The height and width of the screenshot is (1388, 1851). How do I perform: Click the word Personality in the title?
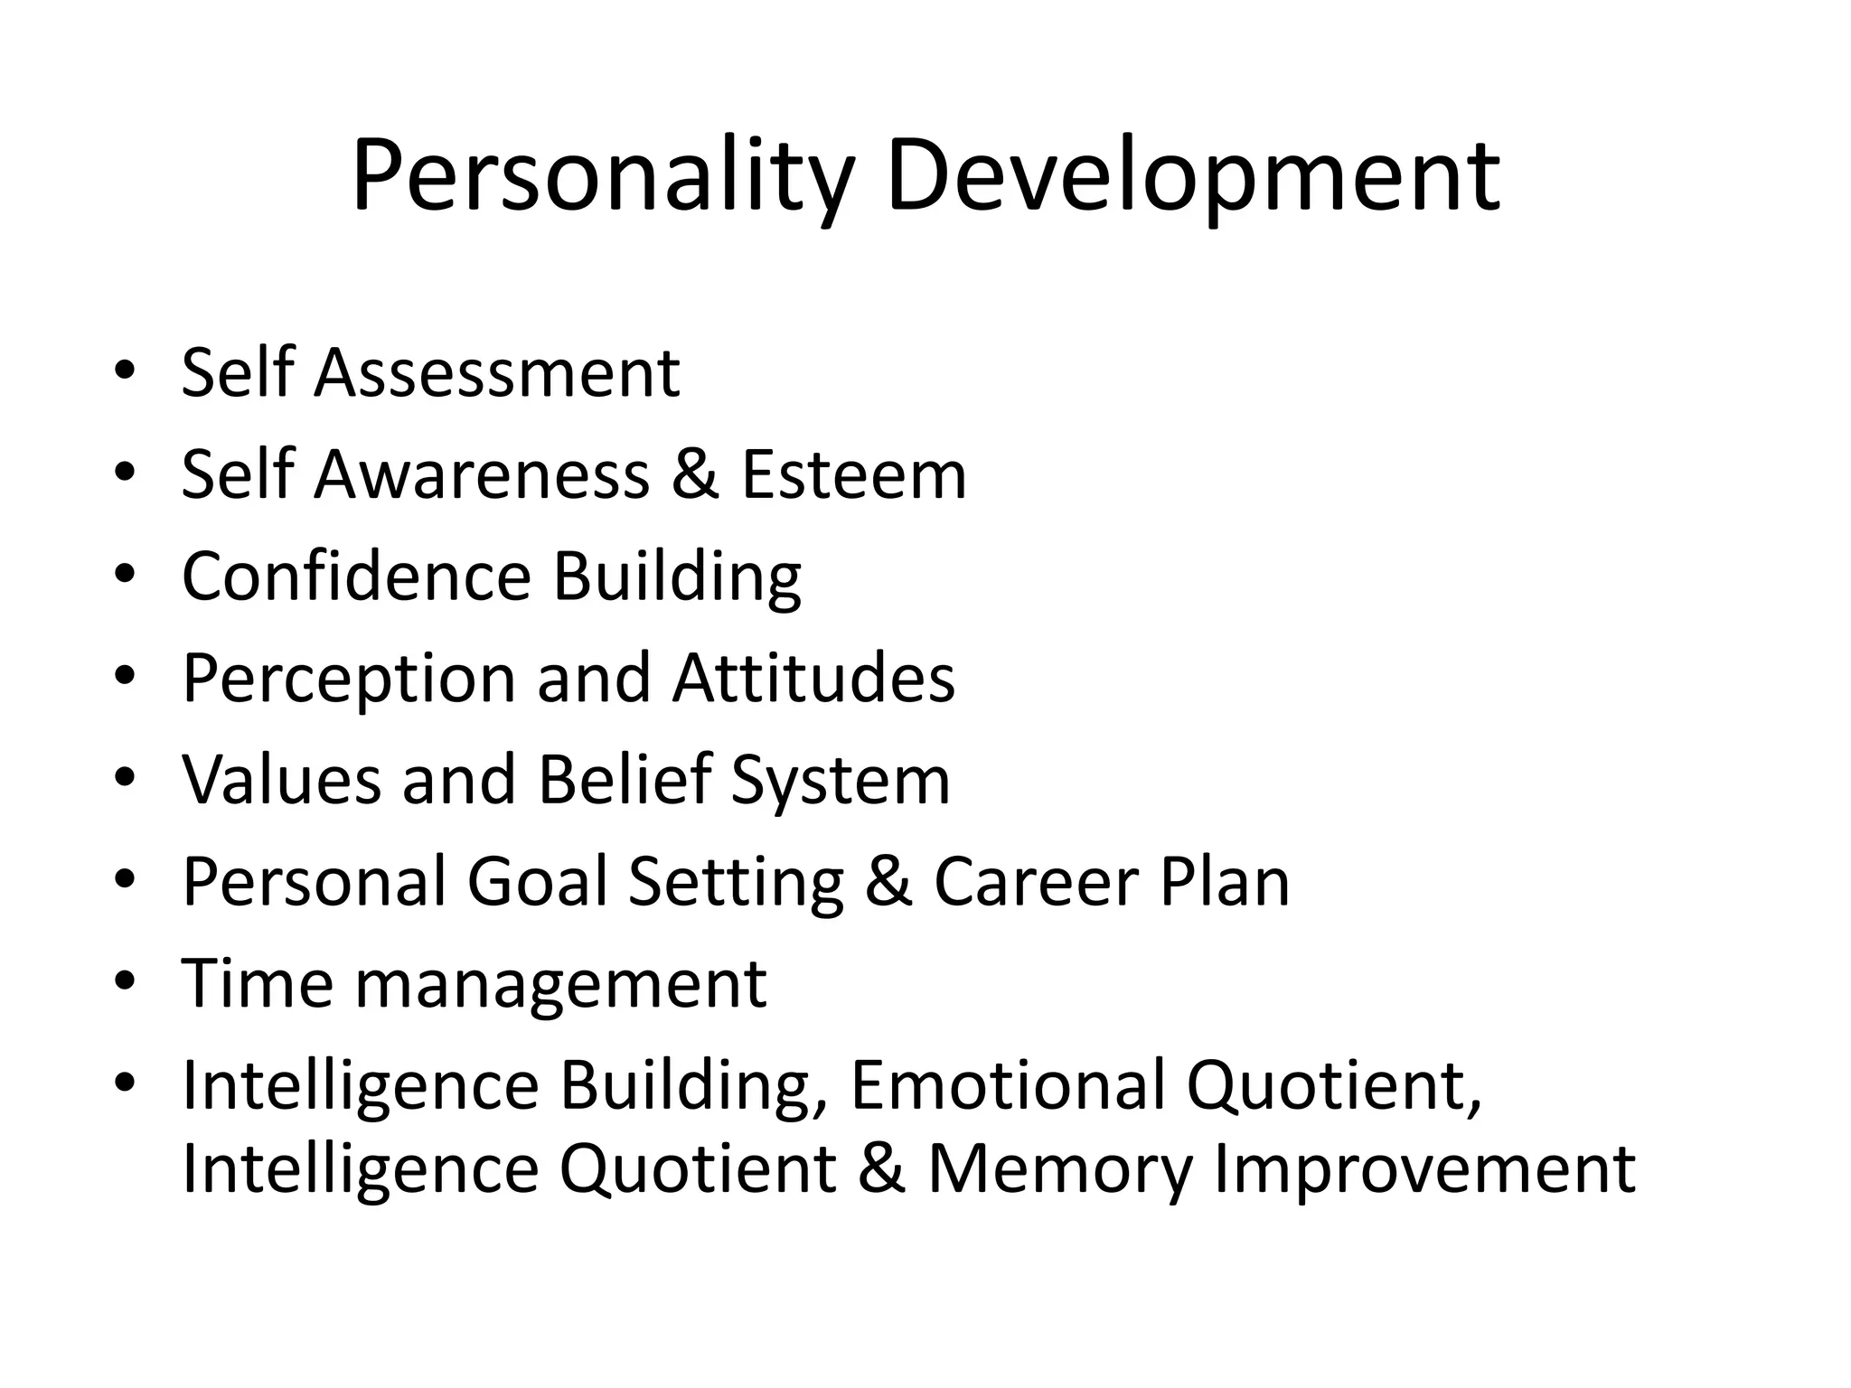pyautogui.click(x=602, y=176)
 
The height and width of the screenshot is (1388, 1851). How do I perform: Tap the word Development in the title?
pyautogui.click(x=1193, y=176)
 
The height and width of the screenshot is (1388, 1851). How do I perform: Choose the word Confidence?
pyautogui.click(x=356, y=577)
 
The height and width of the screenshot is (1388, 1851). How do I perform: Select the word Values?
pyautogui.click(x=281, y=780)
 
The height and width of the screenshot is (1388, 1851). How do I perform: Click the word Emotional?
pyautogui.click(x=1008, y=1085)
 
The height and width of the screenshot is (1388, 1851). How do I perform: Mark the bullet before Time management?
pyautogui.click(x=126, y=981)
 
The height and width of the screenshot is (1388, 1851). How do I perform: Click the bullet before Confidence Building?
pyautogui.click(x=126, y=575)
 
